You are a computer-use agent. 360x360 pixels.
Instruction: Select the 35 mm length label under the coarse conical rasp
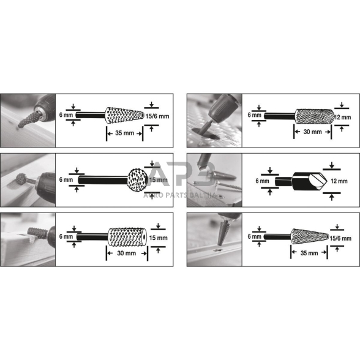click(x=124, y=132)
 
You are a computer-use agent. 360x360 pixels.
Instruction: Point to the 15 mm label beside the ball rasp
click(x=158, y=180)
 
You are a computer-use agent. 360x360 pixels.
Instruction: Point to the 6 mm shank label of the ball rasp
click(x=66, y=180)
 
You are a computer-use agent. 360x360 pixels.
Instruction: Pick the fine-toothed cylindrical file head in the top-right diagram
click(x=314, y=115)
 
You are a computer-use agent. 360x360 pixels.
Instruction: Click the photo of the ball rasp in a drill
click(x=27, y=180)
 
